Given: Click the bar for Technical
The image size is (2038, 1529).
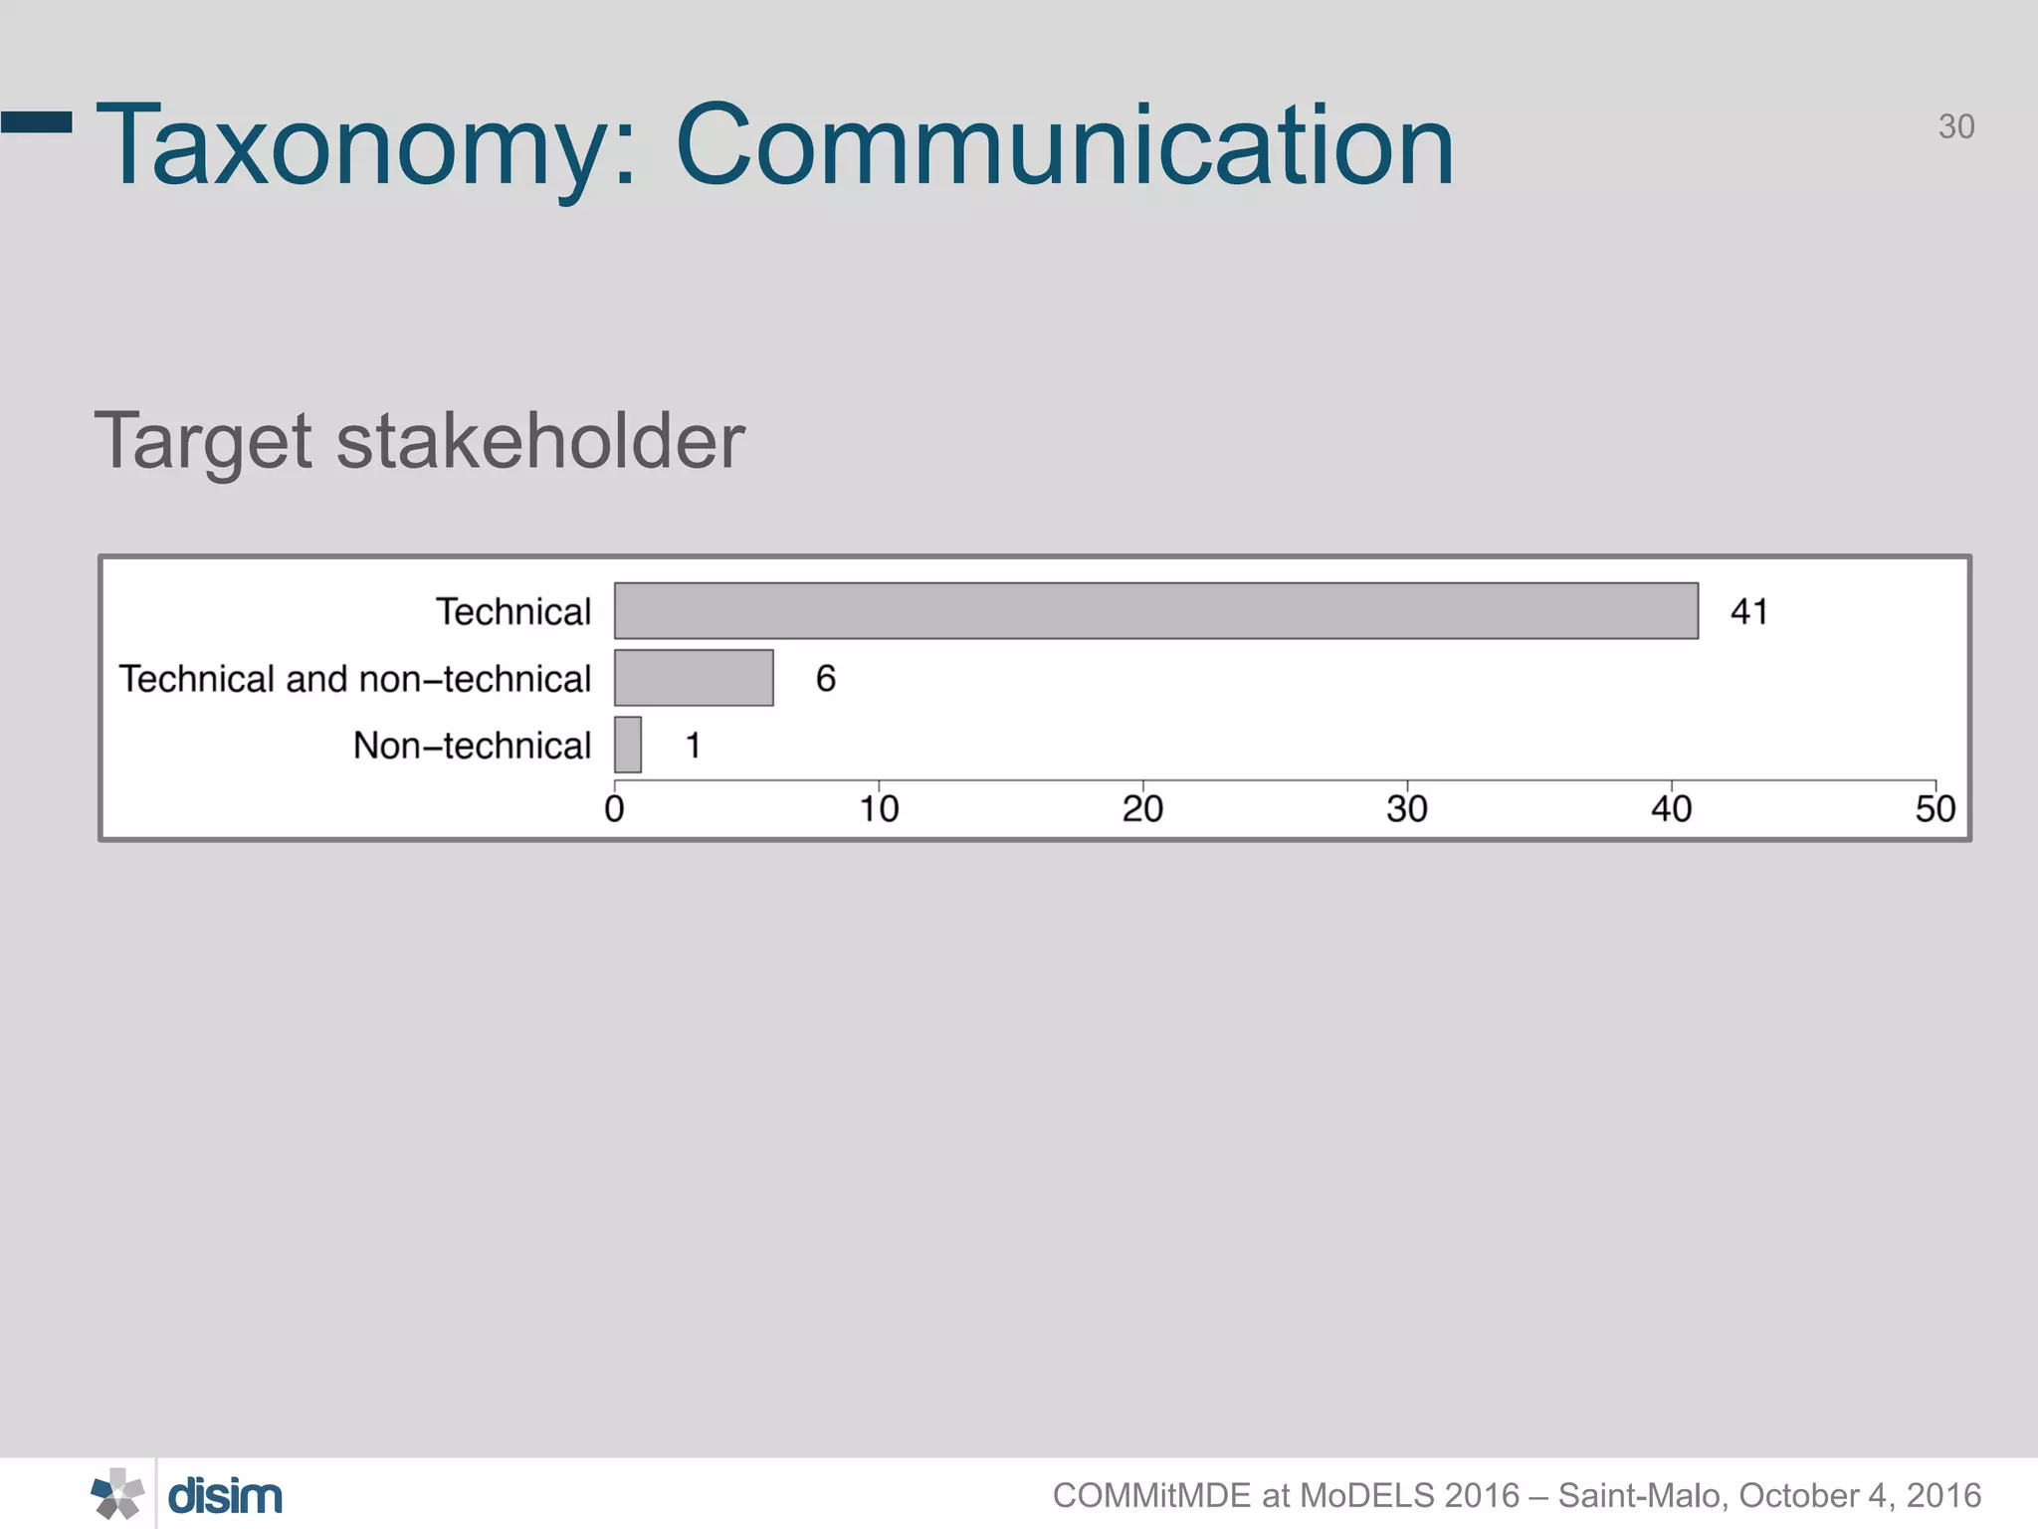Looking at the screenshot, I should pos(1155,610).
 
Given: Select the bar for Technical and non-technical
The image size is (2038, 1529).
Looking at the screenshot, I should pos(694,678).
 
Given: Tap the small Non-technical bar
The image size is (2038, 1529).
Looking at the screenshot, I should pos(627,745).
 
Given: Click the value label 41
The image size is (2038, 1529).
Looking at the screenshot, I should pos(1748,611).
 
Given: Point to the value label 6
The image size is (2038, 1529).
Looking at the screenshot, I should pos(825,679).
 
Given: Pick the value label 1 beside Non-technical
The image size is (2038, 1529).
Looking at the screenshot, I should pos(693,746).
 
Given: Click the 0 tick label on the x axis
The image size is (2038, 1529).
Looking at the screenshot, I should pos(614,808).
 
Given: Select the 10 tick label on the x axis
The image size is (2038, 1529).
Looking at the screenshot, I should pos(879,808).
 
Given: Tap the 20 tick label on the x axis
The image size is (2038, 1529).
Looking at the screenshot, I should pos(1142,808).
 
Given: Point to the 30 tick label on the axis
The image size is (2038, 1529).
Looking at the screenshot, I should pos(1406,808).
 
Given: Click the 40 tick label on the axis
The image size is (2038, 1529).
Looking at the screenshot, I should pos(1671,808).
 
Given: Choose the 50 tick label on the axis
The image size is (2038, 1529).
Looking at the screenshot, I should pos(1935,808).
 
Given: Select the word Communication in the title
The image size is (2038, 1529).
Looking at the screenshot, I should pos(1064,145).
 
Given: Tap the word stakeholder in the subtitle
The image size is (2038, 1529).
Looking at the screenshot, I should pos(540,441).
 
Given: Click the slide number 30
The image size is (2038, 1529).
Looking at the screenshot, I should pos(1955,126).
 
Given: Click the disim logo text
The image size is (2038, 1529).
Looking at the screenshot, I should pos(225,1496).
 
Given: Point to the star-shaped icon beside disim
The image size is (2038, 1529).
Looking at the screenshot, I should pos(117,1494).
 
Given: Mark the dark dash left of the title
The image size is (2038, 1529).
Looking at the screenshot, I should pos(37,121).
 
